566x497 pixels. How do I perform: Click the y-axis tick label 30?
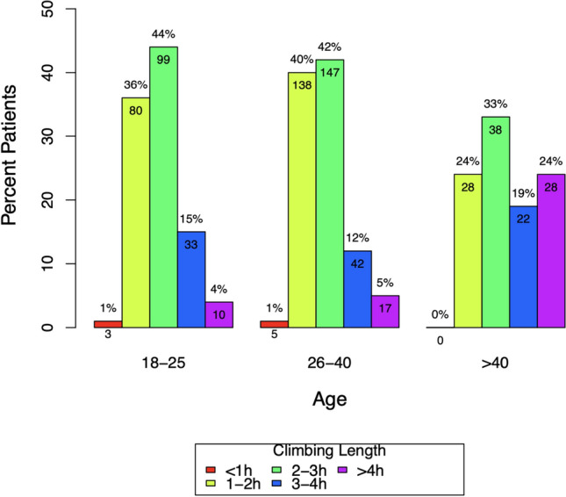tap(71, 136)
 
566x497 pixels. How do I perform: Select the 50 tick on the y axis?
tap(71, 9)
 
